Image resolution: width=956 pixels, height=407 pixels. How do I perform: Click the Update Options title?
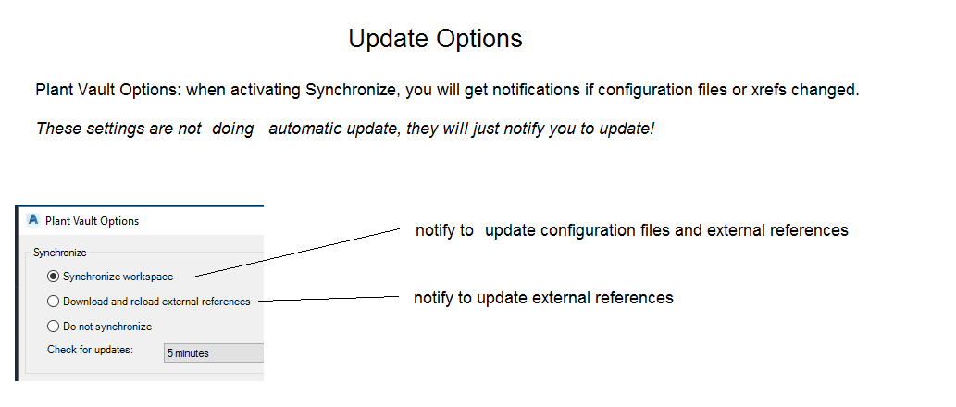435,39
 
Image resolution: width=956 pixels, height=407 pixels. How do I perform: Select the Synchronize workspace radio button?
53,277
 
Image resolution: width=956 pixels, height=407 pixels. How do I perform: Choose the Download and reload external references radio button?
53,301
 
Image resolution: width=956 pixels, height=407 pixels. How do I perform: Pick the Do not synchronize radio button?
53,326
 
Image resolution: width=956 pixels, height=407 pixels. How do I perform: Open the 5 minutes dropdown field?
214,352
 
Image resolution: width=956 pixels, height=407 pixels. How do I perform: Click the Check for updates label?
91,350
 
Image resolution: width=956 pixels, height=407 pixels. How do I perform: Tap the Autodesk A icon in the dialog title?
33,220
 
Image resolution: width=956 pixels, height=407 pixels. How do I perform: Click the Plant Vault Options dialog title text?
92,220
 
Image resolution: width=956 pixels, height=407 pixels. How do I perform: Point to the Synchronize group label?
60,253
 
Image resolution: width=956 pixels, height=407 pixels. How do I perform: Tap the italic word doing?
233,129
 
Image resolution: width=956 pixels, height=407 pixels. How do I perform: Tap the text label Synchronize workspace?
118,277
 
